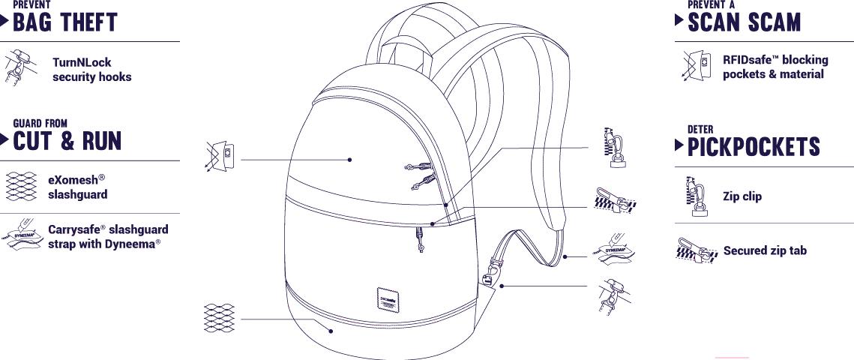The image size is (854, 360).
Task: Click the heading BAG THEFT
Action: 65,23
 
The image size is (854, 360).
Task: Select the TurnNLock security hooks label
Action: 91,70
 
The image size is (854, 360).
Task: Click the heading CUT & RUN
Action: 67,140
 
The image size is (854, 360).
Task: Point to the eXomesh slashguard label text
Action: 77,187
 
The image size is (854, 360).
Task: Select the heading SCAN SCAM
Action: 745,22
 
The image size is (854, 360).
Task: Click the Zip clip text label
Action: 742,196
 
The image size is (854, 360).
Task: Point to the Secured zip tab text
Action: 765,250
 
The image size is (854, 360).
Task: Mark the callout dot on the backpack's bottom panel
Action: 331,328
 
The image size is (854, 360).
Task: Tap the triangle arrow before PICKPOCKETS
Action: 679,146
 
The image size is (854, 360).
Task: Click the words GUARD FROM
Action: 40,123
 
